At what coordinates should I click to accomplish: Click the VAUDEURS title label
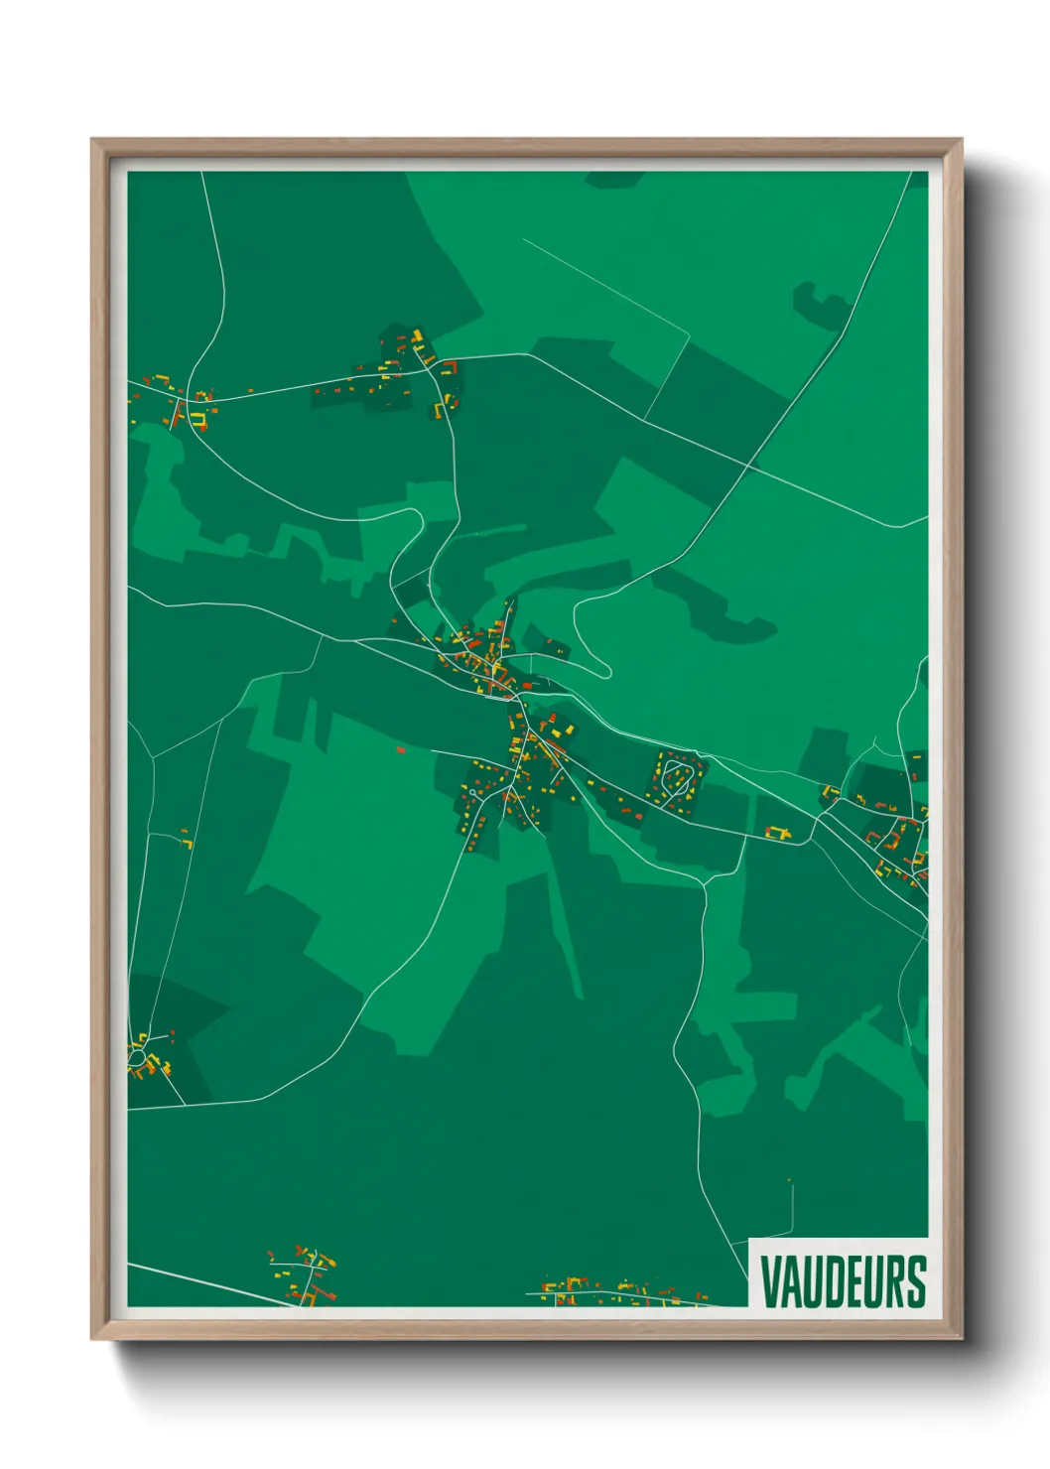pyautogui.click(x=843, y=1281)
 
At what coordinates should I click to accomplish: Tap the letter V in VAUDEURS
pyautogui.click(x=770, y=1281)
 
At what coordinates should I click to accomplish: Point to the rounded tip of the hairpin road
pyautogui.click(x=604, y=669)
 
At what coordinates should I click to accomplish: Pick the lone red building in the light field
pyautogui.click(x=401, y=750)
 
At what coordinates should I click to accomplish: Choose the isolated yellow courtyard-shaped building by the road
pyautogui.click(x=778, y=833)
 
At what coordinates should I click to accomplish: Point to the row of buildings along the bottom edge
pyautogui.click(x=620, y=1292)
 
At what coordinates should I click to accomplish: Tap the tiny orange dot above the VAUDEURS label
pyautogui.click(x=789, y=1179)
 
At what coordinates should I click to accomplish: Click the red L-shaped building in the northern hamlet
pyautogui.click(x=452, y=368)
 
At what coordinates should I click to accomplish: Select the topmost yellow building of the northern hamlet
pyautogui.click(x=418, y=334)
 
